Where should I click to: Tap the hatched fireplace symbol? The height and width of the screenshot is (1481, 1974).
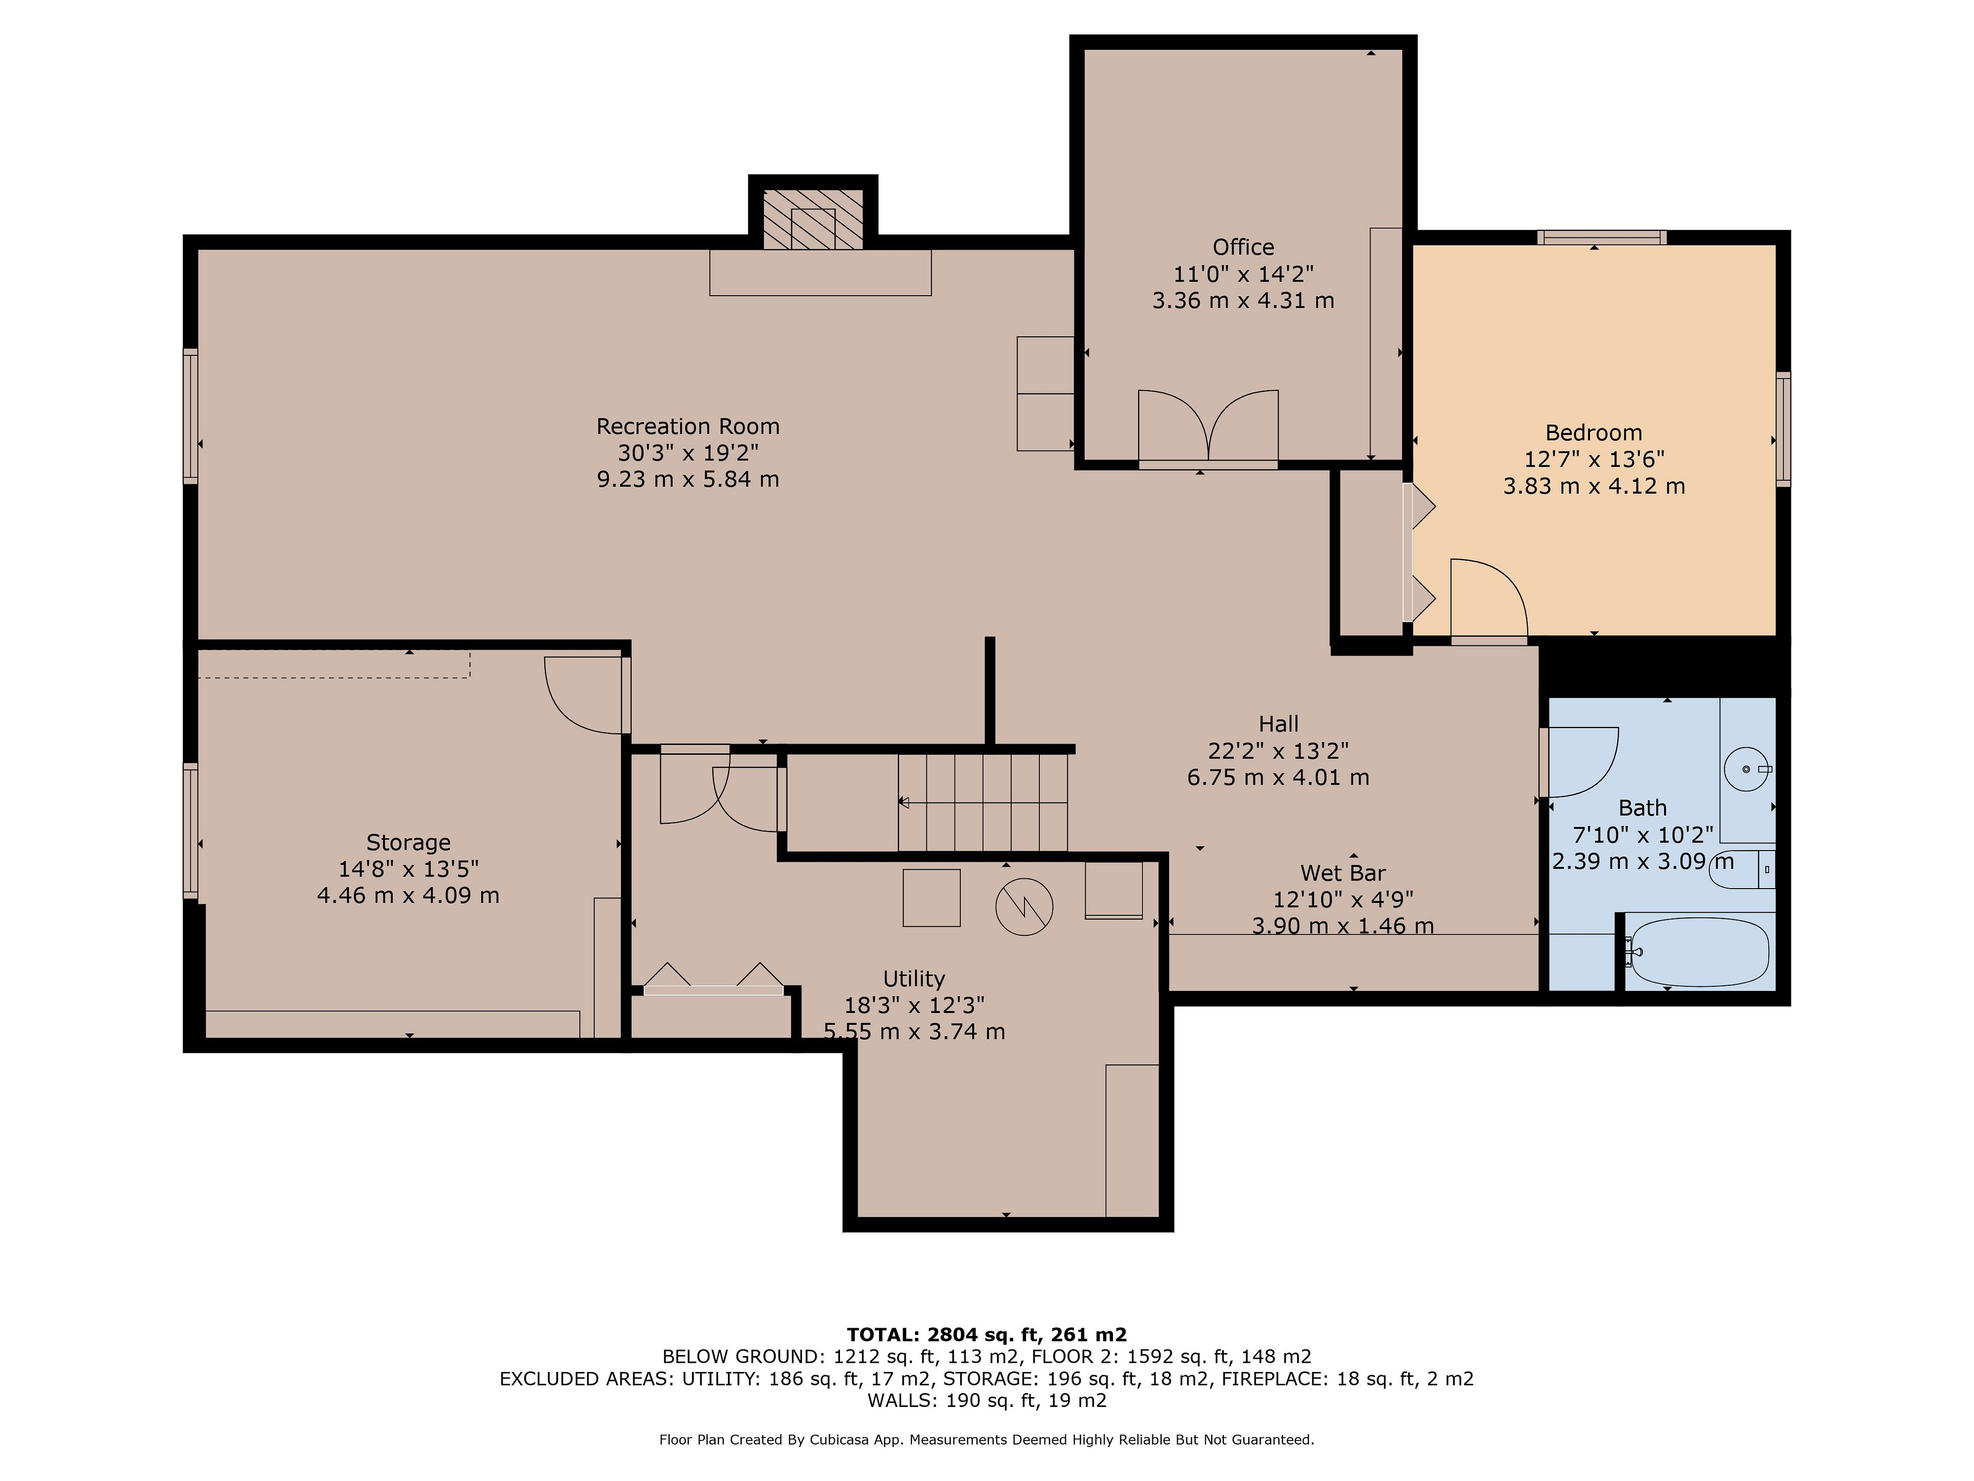pos(813,219)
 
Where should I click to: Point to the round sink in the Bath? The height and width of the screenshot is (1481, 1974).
pos(1746,769)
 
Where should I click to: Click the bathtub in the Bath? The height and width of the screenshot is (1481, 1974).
pos(1698,952)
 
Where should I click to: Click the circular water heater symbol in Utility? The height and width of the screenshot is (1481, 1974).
pos(1025,907)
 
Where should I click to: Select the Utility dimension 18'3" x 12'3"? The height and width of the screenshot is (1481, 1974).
pos(914,1005)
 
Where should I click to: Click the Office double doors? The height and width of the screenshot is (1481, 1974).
pos(1209,427)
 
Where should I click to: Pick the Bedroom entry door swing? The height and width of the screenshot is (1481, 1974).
pos(1489,597)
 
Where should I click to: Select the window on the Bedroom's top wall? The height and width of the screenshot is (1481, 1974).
pos(1602,238)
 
